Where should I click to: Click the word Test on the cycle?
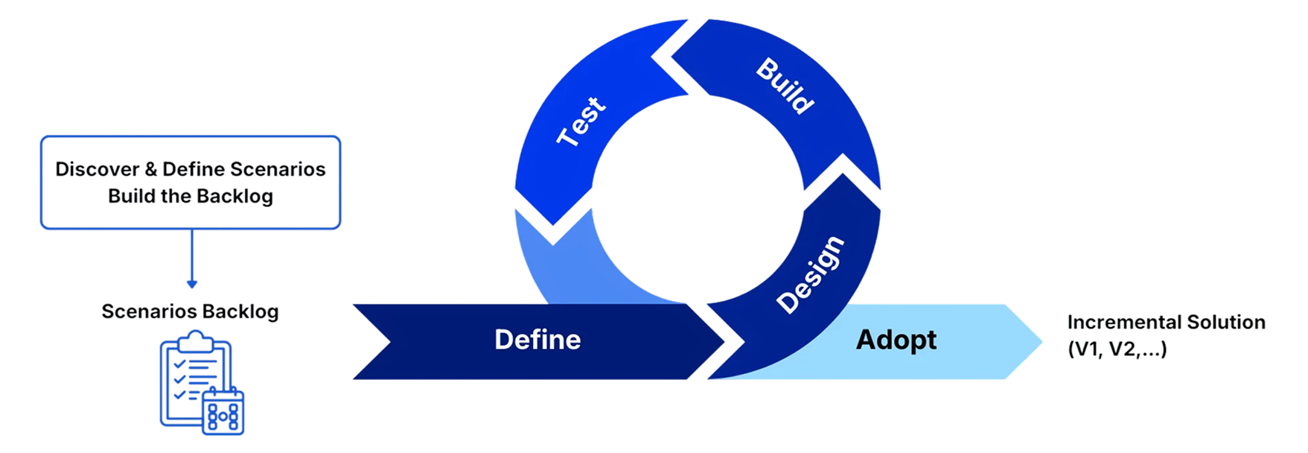[582, 121]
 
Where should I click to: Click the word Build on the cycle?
[785, 86]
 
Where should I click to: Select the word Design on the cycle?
[810, 275]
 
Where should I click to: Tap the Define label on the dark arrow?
[537, 340]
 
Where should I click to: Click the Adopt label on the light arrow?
[896, 340]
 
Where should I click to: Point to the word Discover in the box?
[97, 170]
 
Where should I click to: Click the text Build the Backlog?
[191, 197]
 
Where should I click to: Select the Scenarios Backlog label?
[191, 311]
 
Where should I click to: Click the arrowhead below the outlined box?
[191, 284]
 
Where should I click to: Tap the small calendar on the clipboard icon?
[223, 411]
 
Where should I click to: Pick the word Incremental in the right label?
[1123, 323]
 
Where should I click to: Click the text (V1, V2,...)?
[1117, 349]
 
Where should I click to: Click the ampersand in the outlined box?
[151, 170]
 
